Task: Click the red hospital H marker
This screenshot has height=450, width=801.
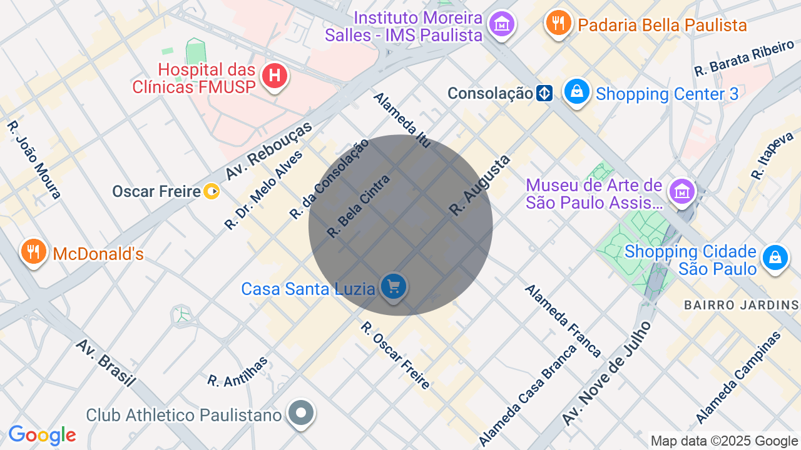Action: [x=274, y=77]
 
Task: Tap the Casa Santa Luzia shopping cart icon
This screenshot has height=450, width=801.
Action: [x=394, y=287]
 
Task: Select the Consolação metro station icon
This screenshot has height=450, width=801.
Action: [x=544, y=94]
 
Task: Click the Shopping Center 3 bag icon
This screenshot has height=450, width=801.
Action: [x=577, y=92]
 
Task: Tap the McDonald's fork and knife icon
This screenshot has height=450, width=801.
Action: [x=34, y=252]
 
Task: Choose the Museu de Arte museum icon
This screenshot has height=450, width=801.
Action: [x=682, y=192]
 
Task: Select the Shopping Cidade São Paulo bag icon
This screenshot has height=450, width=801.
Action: [x=775, y=257]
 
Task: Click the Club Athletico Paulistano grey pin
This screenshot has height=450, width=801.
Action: [x=302, y=413]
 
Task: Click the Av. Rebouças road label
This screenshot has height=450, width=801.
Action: [x=268, y=151]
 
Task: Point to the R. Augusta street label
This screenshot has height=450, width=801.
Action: [x=480, y=186]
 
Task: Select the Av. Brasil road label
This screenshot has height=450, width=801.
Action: [x=106, y=363]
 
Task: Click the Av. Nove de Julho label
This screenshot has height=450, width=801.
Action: [x=606, y=373]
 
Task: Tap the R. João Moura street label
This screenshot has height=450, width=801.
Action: [x=34, y=160]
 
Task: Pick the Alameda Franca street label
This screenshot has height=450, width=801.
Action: [x=563, y=321]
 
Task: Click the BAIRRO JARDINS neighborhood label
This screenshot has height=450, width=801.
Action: [x=742, y=305]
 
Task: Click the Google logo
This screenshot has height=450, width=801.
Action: [x=42, y=435]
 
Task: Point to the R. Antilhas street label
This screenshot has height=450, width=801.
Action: [x=238, y=371]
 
